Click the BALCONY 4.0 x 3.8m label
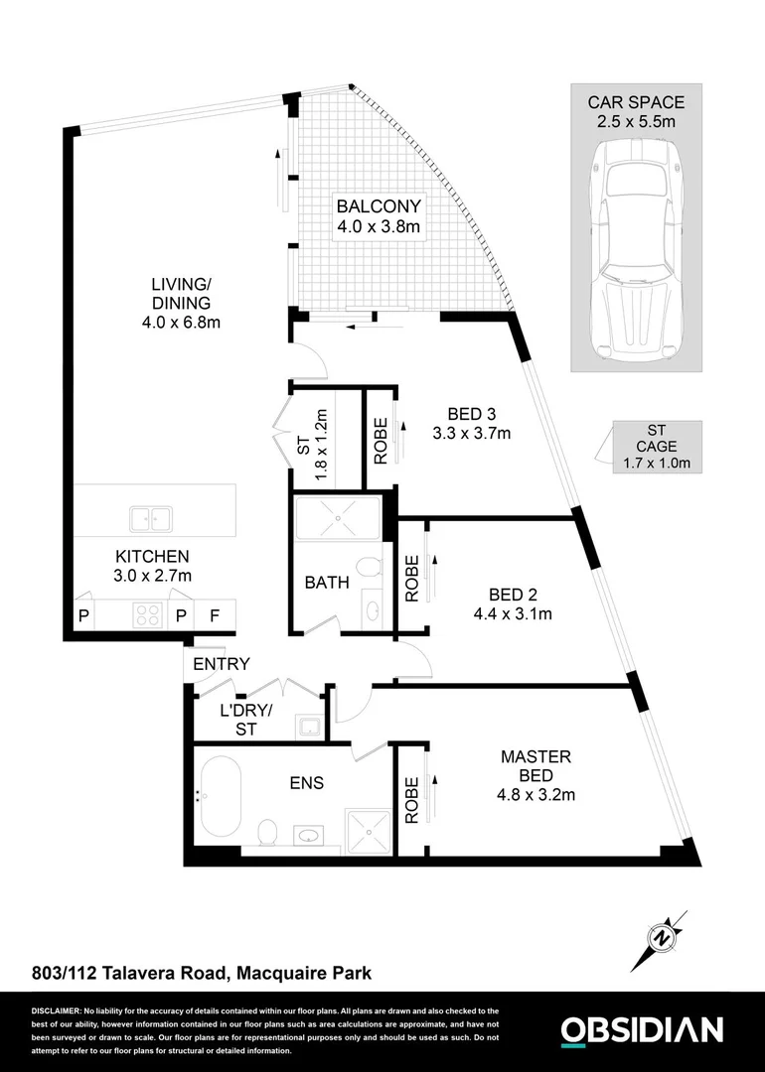tap(379, 216)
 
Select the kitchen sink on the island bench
tap(150, 517)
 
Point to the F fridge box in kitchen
tap(215, 616)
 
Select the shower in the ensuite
tap(369, 831)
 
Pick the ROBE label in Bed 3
tap(381, 439)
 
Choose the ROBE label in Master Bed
tap(411, 799)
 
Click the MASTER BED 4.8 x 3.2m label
tap(535, 775)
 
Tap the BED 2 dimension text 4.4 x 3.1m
tap(513, 613)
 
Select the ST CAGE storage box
tap(655, 446)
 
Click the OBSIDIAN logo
tap(642, 1030)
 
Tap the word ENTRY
tap(221, 664)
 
